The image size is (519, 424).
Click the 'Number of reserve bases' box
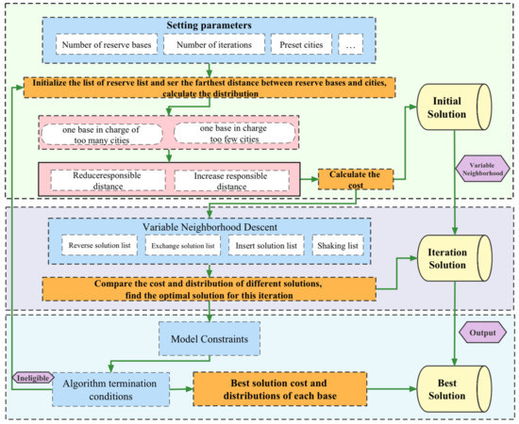104,44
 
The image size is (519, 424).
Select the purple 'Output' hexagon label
483,333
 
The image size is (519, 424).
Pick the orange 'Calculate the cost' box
355,178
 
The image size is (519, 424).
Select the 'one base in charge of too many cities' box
104,132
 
